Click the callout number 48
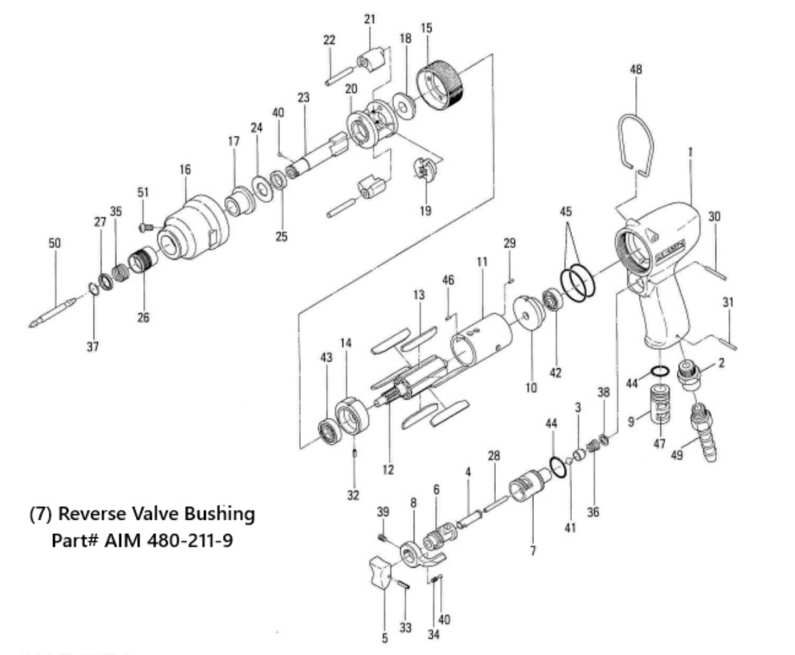coord(636,70)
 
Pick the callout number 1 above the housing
coord(690,154)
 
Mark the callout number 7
coord(533,550)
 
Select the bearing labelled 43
coord(331,431)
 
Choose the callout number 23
coord(303,98)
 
